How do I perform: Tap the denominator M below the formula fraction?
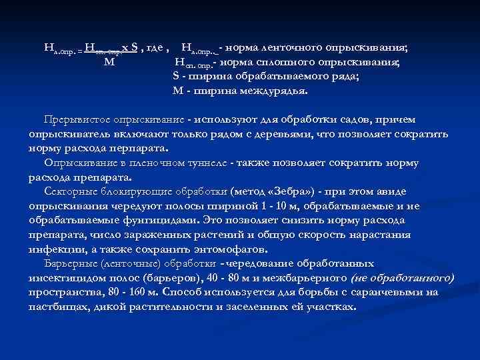[110, 63]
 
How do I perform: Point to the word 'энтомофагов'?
[229, 249]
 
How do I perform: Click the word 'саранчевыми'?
[387, 292]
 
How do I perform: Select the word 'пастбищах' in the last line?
[57, 307]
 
